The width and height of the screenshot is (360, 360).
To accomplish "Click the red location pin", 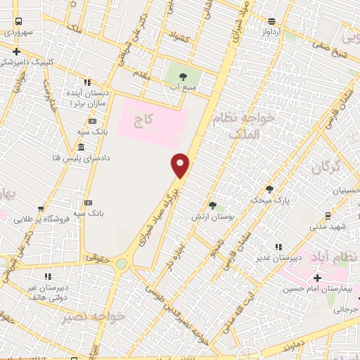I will point(181,165).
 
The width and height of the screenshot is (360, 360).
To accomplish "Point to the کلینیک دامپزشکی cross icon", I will point(15,51).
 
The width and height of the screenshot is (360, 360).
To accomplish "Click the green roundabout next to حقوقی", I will point(122,263).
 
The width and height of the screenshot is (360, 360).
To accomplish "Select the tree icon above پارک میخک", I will point(269,188).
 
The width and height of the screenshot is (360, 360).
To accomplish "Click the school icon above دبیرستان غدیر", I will point(280,247).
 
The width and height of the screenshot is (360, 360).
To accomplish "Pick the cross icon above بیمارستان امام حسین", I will point(317,278).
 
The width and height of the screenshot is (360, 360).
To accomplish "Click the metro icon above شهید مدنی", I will point(328,215).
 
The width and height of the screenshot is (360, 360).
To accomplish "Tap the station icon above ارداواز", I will point(271,21).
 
